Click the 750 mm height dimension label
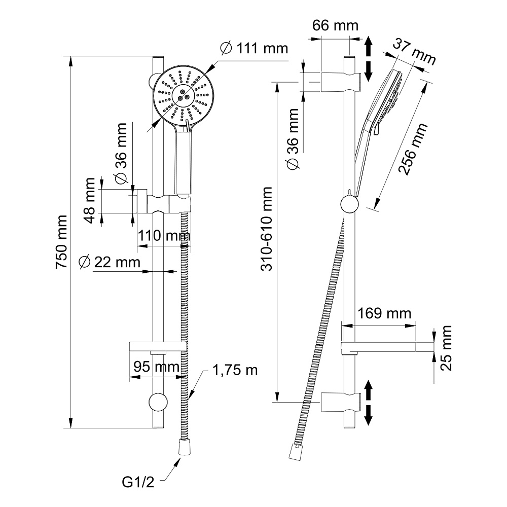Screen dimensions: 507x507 pyautogui.click(x=62, y=242)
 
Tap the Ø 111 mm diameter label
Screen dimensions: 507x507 pyautogui.click(x=254, y=49)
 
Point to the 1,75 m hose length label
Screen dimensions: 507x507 pyautogui.click(x=235, y=371)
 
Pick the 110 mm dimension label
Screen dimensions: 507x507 pyautogui.click(x=163, y=236)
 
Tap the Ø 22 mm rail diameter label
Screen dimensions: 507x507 pyautogui.click(x=110, y=263)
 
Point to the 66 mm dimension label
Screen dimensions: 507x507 pyautogui.click(x=335, y=25)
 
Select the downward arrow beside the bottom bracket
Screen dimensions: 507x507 pyautogui.click(x=369, y=414)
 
